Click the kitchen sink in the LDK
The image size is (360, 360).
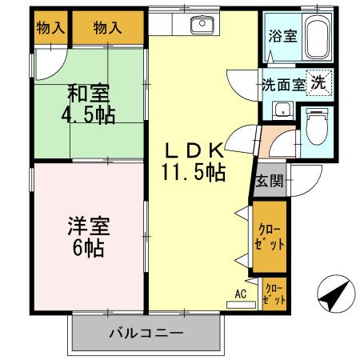(x=202, y=26)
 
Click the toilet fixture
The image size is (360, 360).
(x=321, y=124)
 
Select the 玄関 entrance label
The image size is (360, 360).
(x=268, y=181)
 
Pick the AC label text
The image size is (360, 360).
(x=240, y=293)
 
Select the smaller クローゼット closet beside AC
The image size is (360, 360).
(x=274, y=293)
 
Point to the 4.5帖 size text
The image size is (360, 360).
(x=88, y=115)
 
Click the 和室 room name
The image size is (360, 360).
(x=88, y=94)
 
